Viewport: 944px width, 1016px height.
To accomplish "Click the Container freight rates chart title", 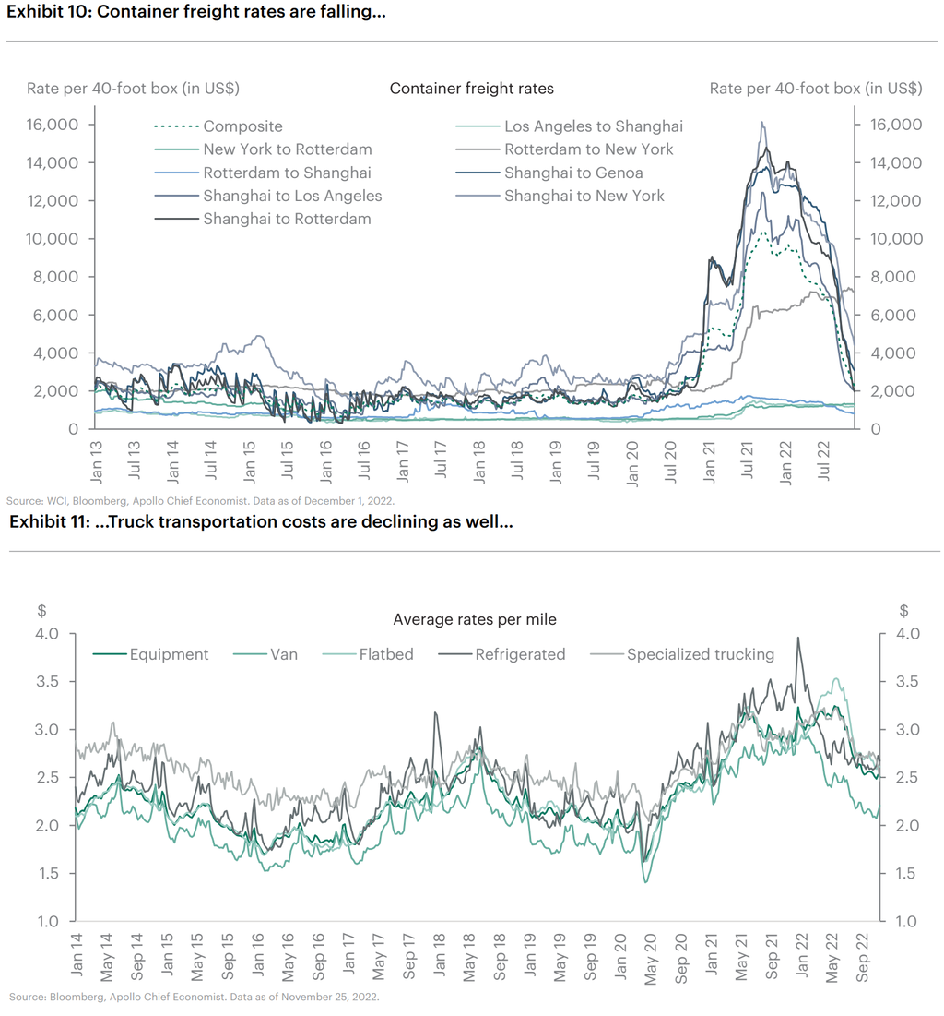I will tap(471, 89).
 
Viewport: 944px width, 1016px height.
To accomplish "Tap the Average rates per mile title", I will tap(474, 619).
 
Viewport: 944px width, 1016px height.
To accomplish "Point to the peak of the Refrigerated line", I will tap(797, 638).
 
